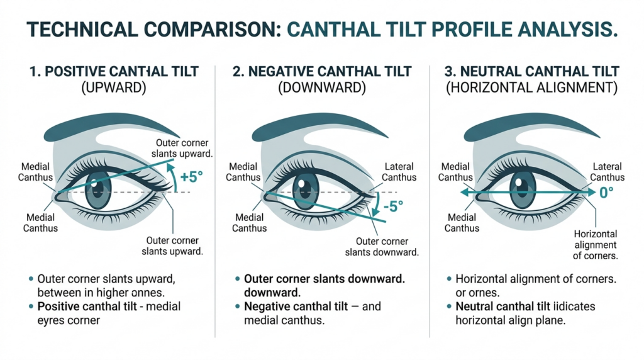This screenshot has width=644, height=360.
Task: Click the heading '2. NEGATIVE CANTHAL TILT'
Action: (321, 71)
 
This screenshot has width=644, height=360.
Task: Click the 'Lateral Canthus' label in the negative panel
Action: (399, 172)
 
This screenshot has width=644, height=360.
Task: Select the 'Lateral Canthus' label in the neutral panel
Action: (607, 172)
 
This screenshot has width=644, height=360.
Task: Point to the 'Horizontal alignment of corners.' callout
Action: (595, 245)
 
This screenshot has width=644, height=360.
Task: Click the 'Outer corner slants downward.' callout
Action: (382, 246)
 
